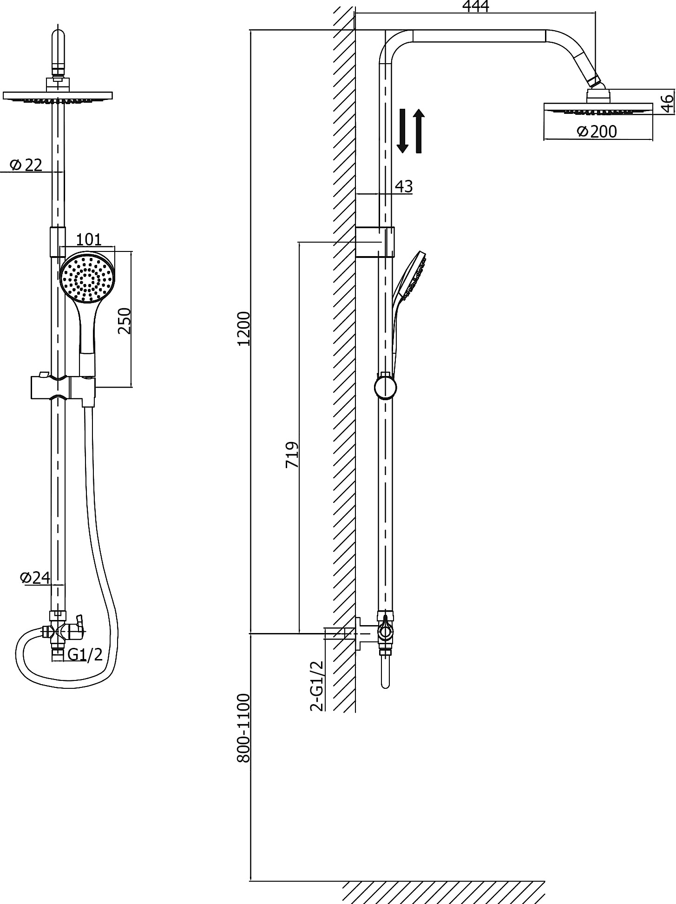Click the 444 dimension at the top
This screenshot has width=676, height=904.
tap(475, 7)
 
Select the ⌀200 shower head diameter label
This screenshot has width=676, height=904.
tap(597, 132)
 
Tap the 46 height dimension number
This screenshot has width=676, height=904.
tap(667, 103)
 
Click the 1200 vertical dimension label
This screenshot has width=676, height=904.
tap(243, 328)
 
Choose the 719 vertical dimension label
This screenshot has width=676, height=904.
tap(292, 455)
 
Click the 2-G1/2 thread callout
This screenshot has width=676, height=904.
tap(317, 686)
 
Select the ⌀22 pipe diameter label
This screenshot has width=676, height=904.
tap(26, 165)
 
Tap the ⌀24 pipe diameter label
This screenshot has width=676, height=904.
tap(35, 577)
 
